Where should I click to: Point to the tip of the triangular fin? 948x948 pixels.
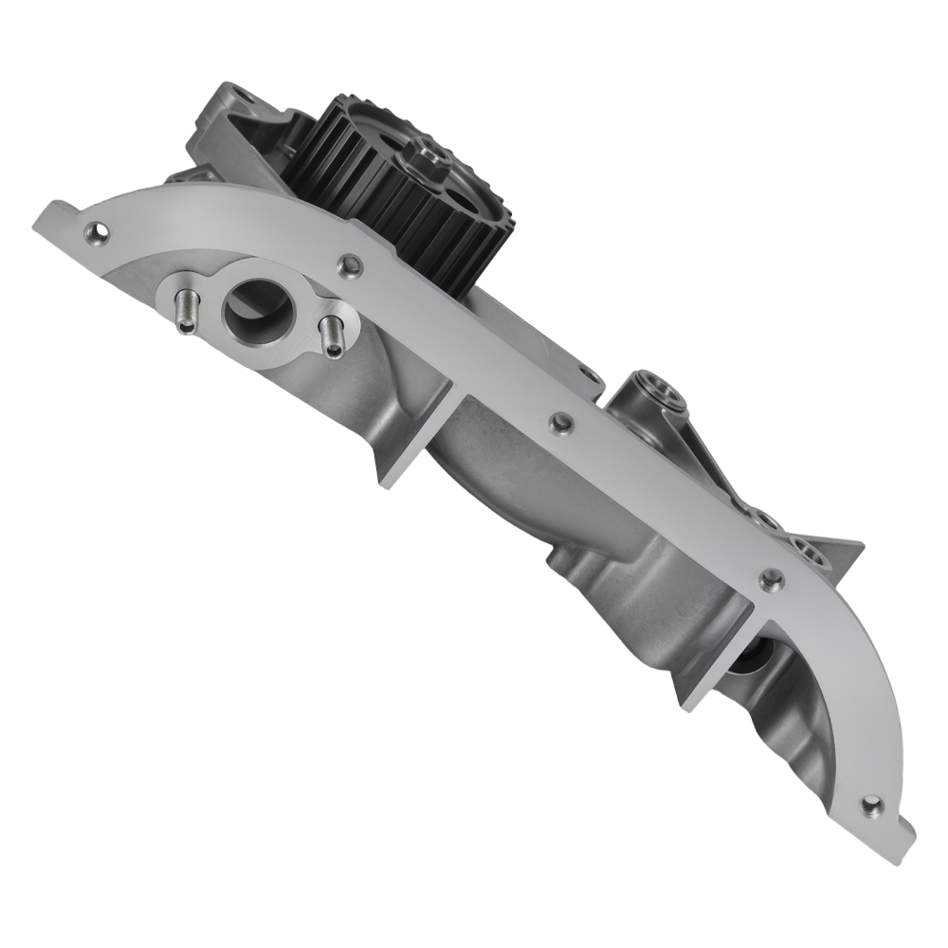(x=858, y=546)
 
